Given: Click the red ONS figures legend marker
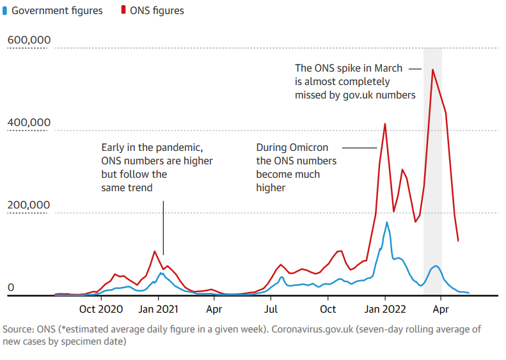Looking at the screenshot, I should [119, 11].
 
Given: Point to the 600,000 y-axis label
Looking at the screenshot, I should [29, 40].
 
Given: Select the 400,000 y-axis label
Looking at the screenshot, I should [29, 123].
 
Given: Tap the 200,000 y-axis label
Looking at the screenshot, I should [29, 205].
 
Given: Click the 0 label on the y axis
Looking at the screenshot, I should [10, 288].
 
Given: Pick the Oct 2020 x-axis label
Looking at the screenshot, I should [102, 309].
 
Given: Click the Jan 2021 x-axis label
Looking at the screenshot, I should [159, 309].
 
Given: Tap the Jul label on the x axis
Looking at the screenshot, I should [271, 309].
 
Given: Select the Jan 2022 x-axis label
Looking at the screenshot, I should [385, 309].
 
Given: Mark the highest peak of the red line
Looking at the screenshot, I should [433, 70].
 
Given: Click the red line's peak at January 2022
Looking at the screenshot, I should [385, 124].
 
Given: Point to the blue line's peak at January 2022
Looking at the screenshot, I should [387, 223].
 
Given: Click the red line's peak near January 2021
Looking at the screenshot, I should [155, 251].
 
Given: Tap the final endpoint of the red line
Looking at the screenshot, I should [458, 241].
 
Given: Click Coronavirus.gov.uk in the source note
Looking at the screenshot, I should [304, 329].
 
